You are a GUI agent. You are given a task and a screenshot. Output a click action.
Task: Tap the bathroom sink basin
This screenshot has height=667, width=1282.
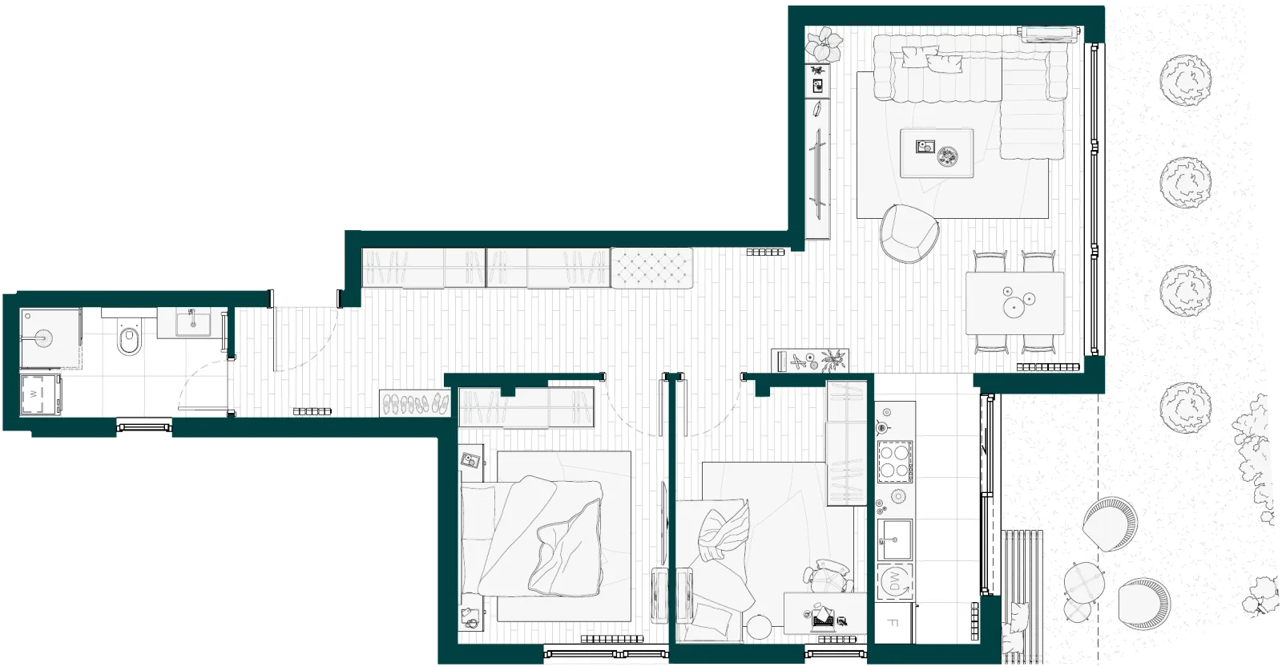(193, 324)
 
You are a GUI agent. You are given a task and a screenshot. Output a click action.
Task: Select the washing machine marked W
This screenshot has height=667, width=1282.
(40, 394)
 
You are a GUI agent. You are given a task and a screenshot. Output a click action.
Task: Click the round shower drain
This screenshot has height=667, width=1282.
(44, 338)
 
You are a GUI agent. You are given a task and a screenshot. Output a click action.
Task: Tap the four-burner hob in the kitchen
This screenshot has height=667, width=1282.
(895, 462)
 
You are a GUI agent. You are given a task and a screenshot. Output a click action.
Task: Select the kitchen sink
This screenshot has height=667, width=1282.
(894, 539)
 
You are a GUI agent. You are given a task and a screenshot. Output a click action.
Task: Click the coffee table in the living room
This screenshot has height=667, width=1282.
(937, 153)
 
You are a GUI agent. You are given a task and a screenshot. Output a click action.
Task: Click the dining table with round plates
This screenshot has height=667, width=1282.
(1014, 303)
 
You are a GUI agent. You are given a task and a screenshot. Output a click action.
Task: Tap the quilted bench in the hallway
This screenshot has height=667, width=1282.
(652, 268)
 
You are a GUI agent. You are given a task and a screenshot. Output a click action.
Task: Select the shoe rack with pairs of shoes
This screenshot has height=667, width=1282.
(415, 403)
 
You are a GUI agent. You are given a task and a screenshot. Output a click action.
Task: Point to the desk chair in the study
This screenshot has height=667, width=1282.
(828, 576)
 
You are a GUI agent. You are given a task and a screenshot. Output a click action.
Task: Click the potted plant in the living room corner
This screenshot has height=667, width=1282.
(824, 44)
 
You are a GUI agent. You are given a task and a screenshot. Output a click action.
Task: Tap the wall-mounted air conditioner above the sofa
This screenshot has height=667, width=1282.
(1049, 34)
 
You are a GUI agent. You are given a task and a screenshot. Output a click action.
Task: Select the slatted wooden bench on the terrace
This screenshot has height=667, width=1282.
(1022, 596)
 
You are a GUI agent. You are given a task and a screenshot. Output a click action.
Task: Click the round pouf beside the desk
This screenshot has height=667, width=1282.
(760, 628)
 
